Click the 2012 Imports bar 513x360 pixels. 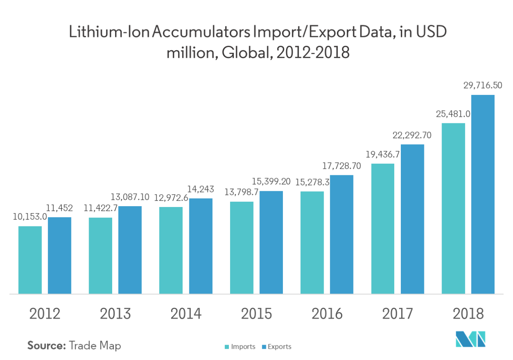[30, 260]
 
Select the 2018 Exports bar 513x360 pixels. [483, 194]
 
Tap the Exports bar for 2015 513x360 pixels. [271, 242]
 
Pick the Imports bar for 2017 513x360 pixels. [383, 228]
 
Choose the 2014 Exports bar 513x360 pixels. [201, 246]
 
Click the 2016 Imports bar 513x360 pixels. [312, 242]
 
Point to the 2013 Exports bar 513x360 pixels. [130, 250]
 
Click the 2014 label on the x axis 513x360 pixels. [186, 314]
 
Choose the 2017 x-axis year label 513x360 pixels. [398, 314]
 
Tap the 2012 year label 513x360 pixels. [45, 314]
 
